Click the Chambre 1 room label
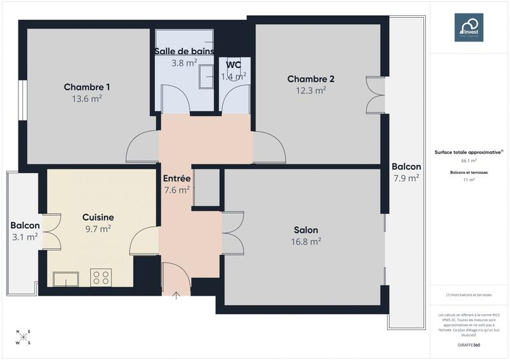pyautogui.click(x=87, y=87)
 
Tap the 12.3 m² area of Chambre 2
pyautogui.click(x=311, y=90)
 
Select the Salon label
pyautogui.click(x=306, y=230)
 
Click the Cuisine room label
pyautogui.click(x=98, y=217)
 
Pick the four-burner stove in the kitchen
pyautogui.click(x=101, y=277)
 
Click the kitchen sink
pyautogui.click(x=66, y=279)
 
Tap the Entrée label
pyautogui.click(x=177, y=178)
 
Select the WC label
pyautogui.click(x=233, y=65)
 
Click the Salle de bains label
pyautogui.click(x=184, y=52)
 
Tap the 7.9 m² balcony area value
pyautogui.click(x=406, y=178)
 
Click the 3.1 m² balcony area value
pyautogui.click(x=25, y=236)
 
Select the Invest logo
pyautogui.click(x=469, y=27)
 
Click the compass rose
pyautogui.click(x=24, y=338)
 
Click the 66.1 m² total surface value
pyautogui.click(x=469, y=161)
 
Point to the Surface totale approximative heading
pyautogui.click(x=469, y=152)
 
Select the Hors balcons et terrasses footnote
pyautogui.click(x=469, y=295)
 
